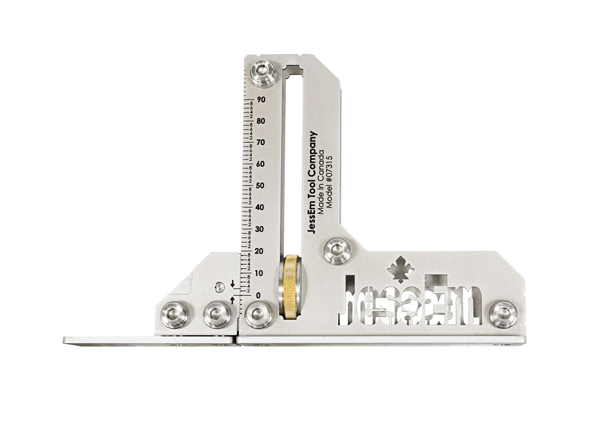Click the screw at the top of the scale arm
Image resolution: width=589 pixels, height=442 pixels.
[x=260, y=72]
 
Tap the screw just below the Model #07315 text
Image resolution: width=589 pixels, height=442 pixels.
[x=337, y=250]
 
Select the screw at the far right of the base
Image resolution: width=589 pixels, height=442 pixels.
[x=504, y=314]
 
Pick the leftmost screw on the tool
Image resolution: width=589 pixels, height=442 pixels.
[x=175, y=314]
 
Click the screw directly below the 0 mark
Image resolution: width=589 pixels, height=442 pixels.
[x=259, y=314]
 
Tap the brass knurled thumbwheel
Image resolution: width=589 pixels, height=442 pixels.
[x=290, y=287]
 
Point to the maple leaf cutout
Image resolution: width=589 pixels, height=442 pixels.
[x=401, y=270]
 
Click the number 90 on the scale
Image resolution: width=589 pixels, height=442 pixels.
[x=261, y=100]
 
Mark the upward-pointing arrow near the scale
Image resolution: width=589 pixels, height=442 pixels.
[x=233, y=301]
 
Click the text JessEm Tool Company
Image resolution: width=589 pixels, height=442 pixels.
[x=313, y=183]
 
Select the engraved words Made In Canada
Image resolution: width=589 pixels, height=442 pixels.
[x=322, y=183]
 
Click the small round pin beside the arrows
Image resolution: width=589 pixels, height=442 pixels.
[x=219, y=287]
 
